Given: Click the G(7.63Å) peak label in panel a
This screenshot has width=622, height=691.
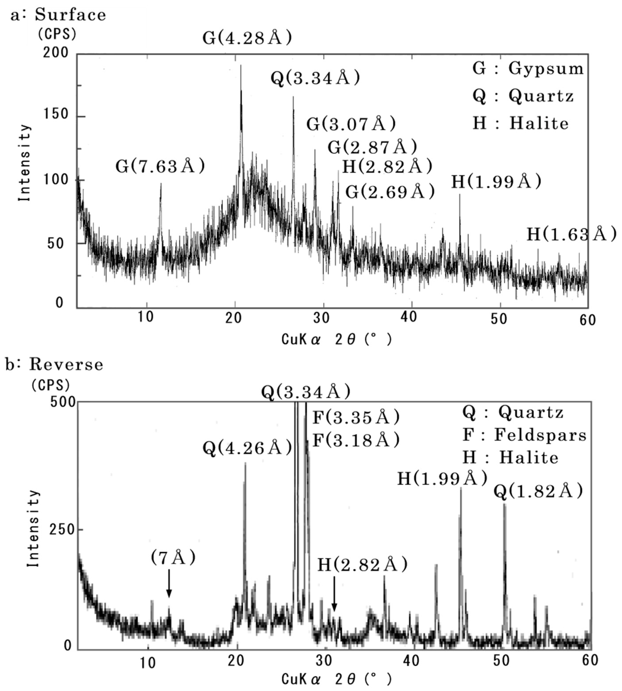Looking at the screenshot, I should pos(160,166).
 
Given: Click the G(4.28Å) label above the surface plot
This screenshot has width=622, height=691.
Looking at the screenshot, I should pos(247,37).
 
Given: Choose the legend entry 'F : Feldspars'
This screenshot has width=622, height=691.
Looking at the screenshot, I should pos(524,435).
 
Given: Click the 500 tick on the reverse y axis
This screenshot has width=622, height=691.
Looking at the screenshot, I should pos(63,402).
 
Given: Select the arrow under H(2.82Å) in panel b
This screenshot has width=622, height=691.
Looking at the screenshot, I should pos(334,594).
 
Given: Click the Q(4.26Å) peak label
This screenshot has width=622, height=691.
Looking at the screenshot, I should pos(247,447).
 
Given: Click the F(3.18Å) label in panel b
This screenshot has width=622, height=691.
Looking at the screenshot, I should pos(356,440).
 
